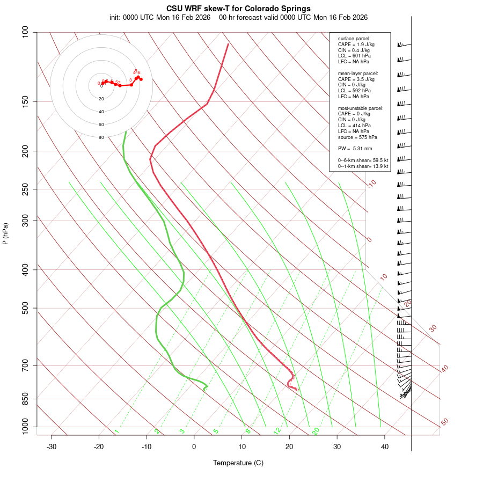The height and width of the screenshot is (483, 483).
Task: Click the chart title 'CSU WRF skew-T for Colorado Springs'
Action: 238,9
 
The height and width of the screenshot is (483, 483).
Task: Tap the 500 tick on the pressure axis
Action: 25,308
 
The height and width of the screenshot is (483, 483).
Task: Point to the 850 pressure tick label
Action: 25,399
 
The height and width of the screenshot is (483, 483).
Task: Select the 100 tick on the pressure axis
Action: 25,32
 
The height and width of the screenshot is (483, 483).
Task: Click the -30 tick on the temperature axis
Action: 52,447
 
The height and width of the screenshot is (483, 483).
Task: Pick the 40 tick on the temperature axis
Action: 385,447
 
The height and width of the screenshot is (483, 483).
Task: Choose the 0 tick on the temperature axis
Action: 194,447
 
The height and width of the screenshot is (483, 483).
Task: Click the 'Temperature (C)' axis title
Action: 238,463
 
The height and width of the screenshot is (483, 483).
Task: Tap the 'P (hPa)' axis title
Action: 5,233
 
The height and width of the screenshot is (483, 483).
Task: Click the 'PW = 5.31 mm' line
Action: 355,149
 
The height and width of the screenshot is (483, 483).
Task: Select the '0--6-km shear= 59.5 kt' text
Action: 363,160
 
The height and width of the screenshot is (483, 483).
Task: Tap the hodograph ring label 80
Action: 101,137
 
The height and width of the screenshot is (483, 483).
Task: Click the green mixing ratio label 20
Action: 316,431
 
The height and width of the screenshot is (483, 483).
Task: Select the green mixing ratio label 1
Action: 116,431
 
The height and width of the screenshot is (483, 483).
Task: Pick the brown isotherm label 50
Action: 444,422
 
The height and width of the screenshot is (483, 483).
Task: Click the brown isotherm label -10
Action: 371,184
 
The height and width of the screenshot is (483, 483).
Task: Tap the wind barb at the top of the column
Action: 404,45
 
